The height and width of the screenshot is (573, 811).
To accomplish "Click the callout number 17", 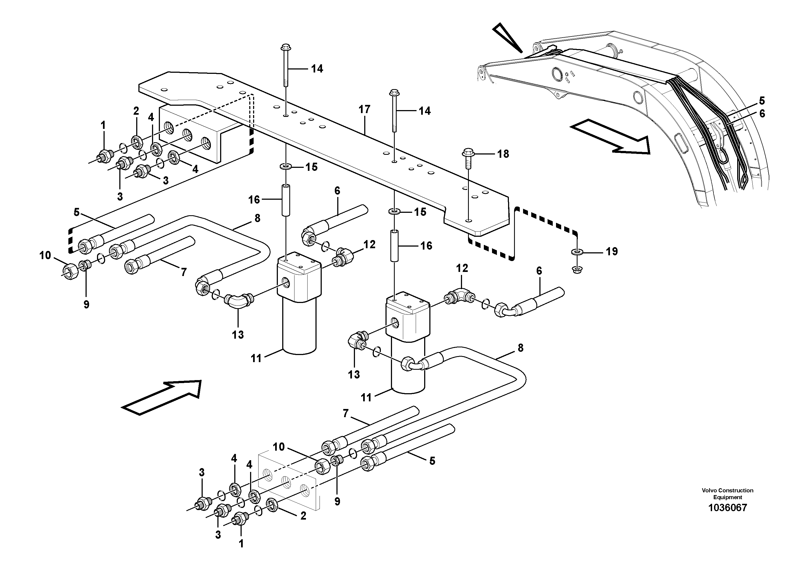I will [x=364, y=109].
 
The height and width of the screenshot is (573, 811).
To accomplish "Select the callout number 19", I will [x=612, y=251].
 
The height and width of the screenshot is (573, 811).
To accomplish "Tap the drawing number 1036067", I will [x=727, y=508].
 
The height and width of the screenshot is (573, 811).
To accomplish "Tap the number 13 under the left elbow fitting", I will [x=238, y=334].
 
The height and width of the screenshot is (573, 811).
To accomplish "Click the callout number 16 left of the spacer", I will [x=254, y=200].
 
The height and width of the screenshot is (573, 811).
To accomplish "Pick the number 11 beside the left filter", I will [x=256, y=358].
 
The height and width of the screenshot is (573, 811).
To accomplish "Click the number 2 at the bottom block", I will [x=303, y=516].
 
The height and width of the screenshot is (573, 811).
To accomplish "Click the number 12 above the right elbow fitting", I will [x=462, y=268].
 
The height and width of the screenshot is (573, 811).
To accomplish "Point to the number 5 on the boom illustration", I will [x=762, y=101].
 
